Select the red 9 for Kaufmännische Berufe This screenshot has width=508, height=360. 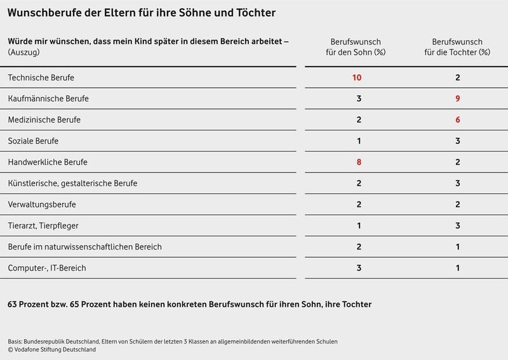pos(457,98)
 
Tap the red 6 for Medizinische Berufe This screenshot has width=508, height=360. pos(457,120)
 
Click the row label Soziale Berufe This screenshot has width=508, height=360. pos(33,141)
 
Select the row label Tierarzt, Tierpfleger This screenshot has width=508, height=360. pos(43,225)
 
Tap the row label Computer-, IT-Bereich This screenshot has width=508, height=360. pos(46,268)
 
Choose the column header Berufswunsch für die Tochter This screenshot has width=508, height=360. pos(457,46)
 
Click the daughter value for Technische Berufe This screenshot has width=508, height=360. pos(457,77)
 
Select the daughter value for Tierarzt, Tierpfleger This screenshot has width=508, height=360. pos(457,225)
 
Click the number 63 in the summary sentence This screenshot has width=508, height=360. pos(13,304)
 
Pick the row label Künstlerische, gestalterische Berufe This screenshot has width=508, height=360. pos(72,183)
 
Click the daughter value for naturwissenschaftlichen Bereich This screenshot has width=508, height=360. pos(457,247)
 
